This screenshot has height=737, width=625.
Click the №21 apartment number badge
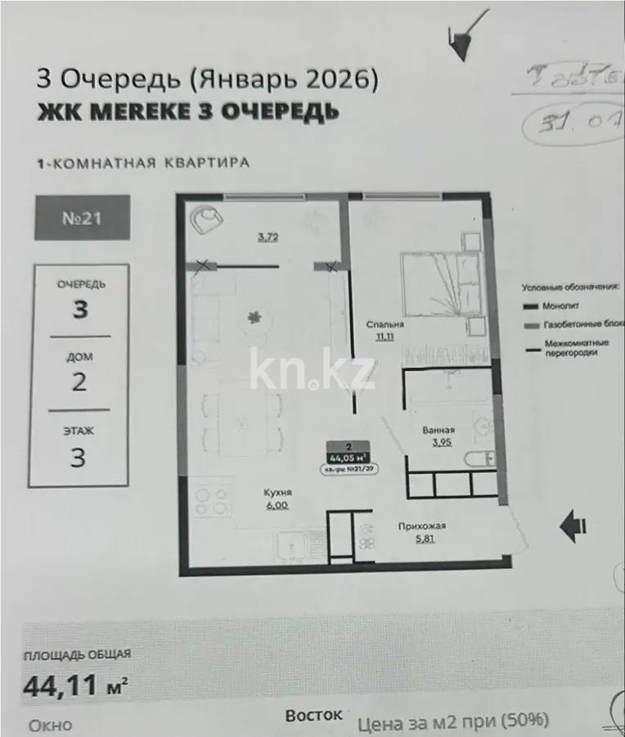point(82,218)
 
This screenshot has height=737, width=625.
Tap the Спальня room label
point(385,324)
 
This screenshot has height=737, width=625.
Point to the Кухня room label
point(278,493)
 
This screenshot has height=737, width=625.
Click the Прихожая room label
point(421,527)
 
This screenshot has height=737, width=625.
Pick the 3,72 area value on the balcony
point(267,238)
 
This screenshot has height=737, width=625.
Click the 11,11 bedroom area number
point(384,337)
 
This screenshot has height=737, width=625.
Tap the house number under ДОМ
point(79,382)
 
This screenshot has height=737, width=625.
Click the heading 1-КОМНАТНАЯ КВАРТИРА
point(143,163)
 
